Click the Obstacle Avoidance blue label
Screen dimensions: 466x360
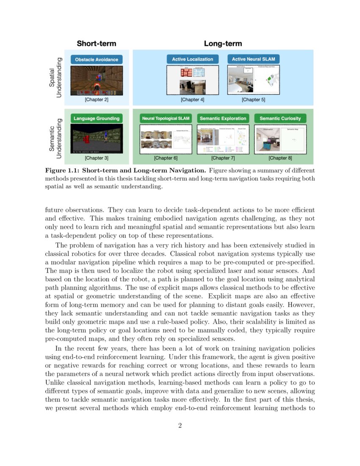click(97, 60)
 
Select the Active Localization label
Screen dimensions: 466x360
click(193, 59)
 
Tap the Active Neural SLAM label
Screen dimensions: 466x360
click(253, 59)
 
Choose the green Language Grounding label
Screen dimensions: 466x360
click(97, 119)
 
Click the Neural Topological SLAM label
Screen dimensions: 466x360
click(166, 119)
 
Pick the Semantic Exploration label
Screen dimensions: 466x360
click(223, 119)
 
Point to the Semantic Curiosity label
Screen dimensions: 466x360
click(280, 119)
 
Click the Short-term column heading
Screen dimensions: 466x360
click(96, 44)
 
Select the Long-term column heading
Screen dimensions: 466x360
click(223, 44)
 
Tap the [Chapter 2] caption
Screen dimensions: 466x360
click(97, 100)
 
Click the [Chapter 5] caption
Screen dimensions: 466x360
click(253, 100)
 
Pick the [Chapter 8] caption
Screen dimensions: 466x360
click(280, 158)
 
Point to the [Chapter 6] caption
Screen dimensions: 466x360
click(166, 158)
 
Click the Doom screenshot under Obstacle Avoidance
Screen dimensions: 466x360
click(97, 80)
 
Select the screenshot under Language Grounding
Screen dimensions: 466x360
click(97, 139)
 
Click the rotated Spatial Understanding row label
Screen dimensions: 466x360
click(55, 77)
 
